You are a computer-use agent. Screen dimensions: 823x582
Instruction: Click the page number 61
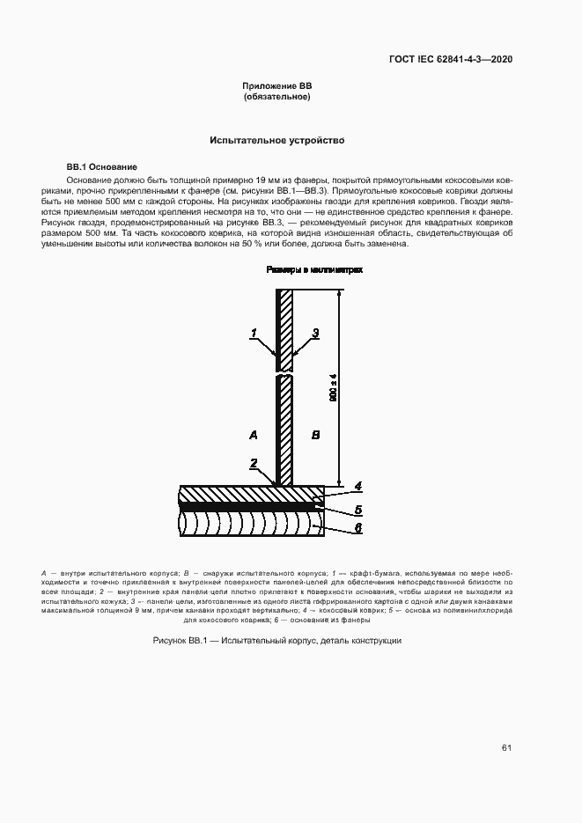click(x=506, y=747)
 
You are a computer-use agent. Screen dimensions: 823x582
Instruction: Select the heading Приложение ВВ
click(x=277, y=85)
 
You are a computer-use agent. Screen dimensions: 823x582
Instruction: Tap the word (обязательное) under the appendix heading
click(x=277, y=97)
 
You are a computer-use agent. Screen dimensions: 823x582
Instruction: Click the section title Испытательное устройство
click(x=276, y=140)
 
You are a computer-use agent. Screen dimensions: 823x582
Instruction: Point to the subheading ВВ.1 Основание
click(x=102, y=166)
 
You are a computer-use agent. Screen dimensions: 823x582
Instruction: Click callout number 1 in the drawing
click(x=253, y=333)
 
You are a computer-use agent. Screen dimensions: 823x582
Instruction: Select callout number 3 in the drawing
click(x=314, y=333)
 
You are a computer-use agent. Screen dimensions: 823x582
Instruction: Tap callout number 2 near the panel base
click(x=253, y=463)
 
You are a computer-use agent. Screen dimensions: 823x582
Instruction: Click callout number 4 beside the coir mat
click(x=357, y=485)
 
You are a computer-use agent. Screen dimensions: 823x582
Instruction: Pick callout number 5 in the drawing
click(x=357, y=508)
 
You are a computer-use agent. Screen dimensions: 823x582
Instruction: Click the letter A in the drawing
click(x=253, y=435)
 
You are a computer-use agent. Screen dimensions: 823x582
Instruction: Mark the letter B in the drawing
click(x=316, y=435)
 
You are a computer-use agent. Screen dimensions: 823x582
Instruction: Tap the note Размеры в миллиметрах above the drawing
click(x=315, y=272)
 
